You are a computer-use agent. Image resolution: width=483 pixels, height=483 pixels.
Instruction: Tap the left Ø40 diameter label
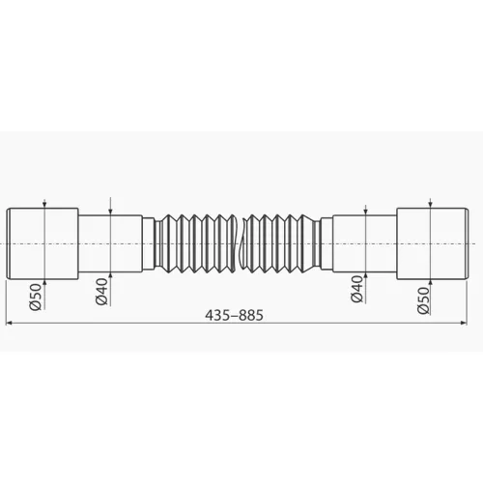(102, 294)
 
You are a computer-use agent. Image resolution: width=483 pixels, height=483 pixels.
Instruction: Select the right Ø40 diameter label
(356, 294)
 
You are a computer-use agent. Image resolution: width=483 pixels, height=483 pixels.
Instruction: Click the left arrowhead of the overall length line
(11, 325)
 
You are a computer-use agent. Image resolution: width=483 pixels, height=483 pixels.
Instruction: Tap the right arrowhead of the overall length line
(470, 325)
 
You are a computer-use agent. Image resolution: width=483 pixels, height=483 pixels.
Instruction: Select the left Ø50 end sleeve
(43, 244)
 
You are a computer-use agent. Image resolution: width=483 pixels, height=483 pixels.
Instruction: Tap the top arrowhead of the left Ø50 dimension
(45, 206)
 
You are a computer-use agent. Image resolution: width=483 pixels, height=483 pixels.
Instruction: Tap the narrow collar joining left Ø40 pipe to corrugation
(150, 244)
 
